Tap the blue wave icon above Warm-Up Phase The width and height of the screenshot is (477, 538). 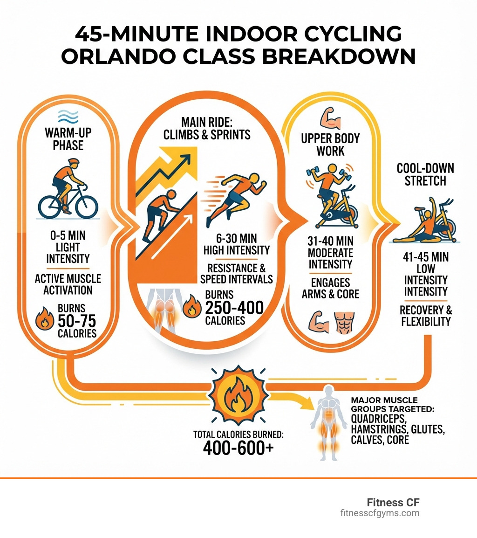[x=68, y=115]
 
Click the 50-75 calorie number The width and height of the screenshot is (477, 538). [x=77, y=321]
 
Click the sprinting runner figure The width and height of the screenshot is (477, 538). [x=233, y=198]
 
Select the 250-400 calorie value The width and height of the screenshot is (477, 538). [x=234, y=308]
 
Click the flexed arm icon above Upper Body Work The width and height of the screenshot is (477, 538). [x=330, y=117]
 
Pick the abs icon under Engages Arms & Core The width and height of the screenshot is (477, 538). [x=344, y=321]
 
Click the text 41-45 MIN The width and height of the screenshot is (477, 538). [x=426, y=257]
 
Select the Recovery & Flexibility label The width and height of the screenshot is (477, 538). [x=425, y=316]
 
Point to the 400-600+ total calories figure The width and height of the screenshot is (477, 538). [x=238, y=448]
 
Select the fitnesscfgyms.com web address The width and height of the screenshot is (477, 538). [x=379, y=513]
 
